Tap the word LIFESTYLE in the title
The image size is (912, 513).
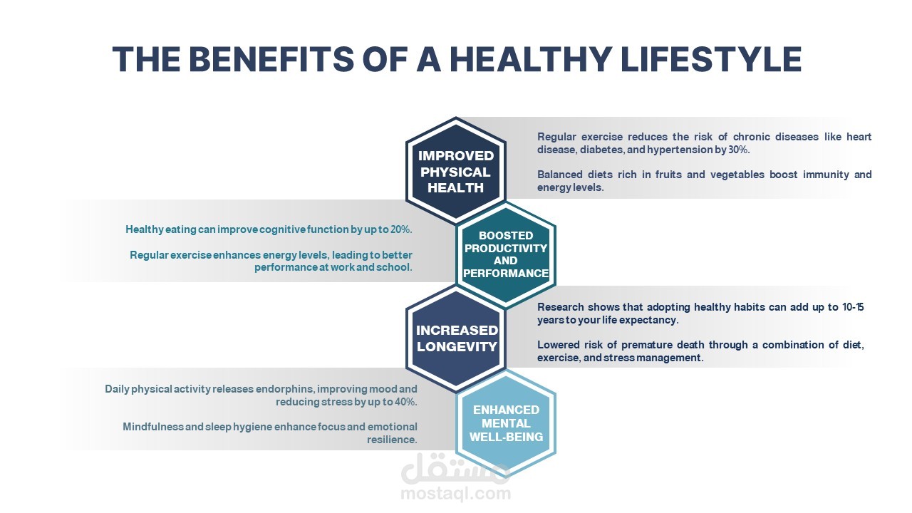[711, 58]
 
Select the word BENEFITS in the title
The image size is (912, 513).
[271, 58]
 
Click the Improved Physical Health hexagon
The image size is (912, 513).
[455, 171]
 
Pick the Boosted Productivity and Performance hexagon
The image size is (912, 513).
[506, 254]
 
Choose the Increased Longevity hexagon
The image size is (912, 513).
[455, 338]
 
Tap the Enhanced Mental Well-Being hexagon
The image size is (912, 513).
[506, 423]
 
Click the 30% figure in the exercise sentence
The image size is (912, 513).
[739, 150]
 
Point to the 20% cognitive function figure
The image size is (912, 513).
[401, 229]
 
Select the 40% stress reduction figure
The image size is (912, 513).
[406, 402]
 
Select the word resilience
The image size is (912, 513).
[392, 440]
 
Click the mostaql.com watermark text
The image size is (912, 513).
[455, 494]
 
